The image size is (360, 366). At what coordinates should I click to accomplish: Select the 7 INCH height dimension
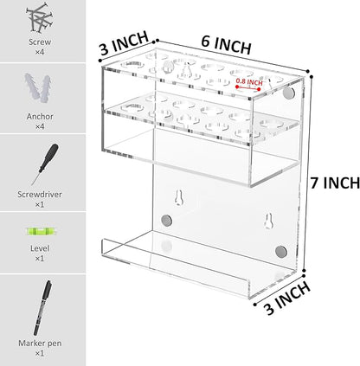[x=333, y=183]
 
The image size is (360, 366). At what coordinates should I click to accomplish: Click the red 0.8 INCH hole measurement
[x=252, y=84]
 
